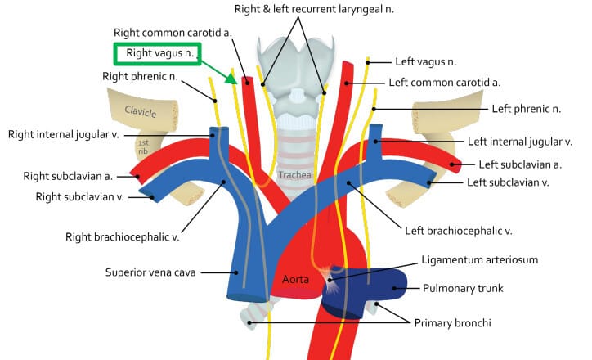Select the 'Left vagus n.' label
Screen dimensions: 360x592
426,61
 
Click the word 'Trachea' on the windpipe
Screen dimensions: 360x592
294,174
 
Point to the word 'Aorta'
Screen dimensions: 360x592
295,278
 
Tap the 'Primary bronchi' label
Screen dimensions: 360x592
453,323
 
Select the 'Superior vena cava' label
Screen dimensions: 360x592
151,272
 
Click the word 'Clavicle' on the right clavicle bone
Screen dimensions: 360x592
141,111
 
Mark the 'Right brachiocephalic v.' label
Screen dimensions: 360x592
122,237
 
